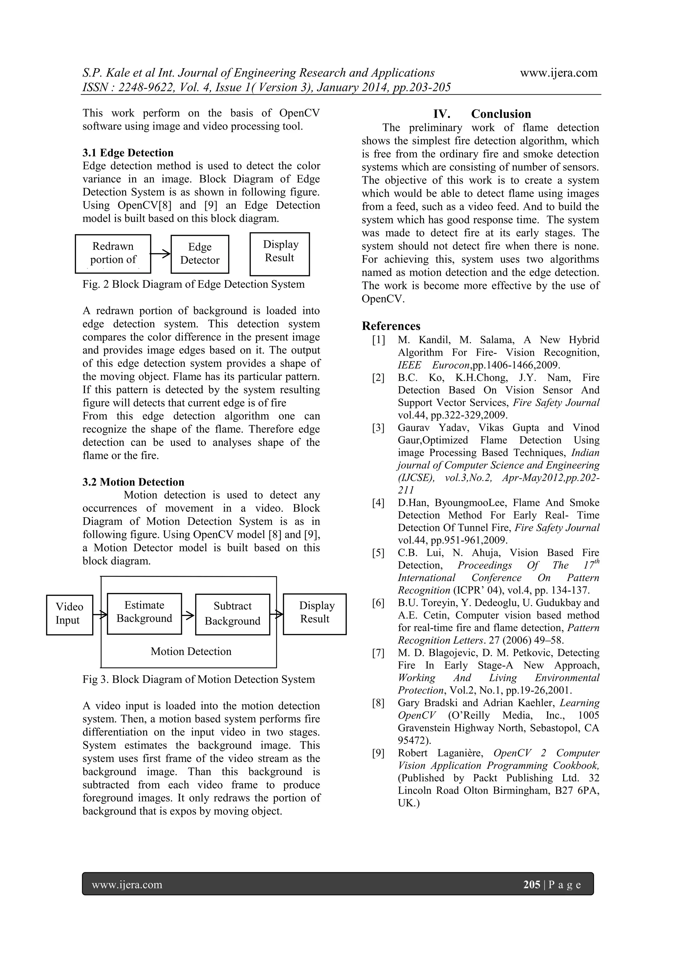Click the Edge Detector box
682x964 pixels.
[x=200, y=254]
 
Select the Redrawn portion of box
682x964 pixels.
[x=113, y=254]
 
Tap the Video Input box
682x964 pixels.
[x=69, y=615]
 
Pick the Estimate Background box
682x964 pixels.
[x=145, y=613]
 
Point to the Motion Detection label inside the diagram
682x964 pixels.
[x=191, y=651]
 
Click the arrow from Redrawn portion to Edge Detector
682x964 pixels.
[x=161, y=254]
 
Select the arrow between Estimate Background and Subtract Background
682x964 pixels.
[x=188, y=615]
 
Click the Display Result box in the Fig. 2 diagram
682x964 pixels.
[x=280, y=254]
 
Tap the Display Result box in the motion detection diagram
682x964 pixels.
[x=315, y=614]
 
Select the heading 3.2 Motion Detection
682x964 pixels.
[x=133, y=482]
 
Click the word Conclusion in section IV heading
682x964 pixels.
[x=501, y=114]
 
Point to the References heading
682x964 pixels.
[x=391, y=326]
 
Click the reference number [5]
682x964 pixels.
[x=378, y=553]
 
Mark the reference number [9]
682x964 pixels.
[x=378, y=753]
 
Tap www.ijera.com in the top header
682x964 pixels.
[x=558, y=73]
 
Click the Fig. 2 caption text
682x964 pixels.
[x=193, y=284]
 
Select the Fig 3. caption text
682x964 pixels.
[x=198, y=679]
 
